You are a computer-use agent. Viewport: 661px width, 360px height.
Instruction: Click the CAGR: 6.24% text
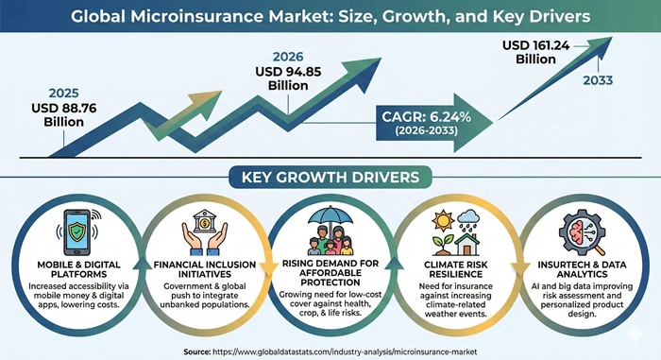426,117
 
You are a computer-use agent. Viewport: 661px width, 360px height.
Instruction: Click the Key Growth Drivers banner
330,177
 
